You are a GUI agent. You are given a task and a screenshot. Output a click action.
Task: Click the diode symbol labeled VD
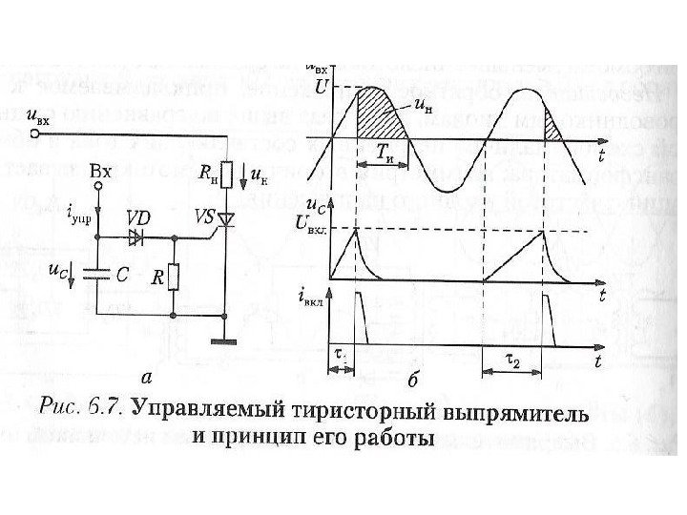click(x=139, y=234)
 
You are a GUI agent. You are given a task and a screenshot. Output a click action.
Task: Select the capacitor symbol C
click(x=96, y=273)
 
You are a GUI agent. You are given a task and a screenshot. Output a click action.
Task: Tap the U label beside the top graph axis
click(x=319, y=87)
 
